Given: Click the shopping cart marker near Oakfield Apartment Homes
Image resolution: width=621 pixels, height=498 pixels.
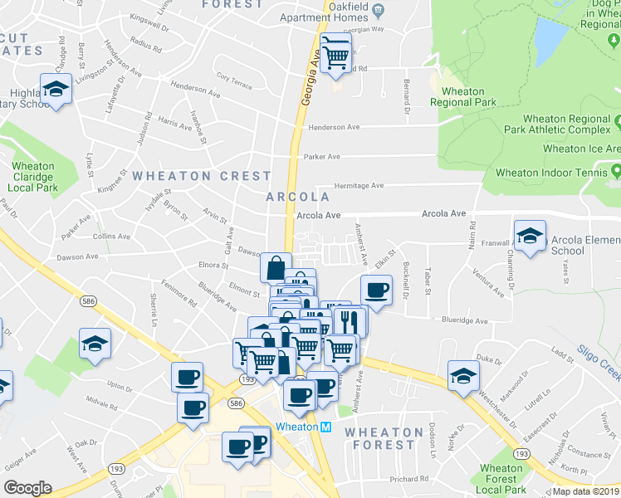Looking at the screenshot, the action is point(335,55).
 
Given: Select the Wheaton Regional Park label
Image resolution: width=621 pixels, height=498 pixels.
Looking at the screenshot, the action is point(463,97).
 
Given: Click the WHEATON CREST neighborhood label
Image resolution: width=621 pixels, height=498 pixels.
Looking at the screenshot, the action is point(202,176).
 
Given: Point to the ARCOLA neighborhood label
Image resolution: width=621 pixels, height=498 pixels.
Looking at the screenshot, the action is point(298,197).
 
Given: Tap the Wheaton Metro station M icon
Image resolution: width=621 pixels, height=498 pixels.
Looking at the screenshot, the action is point(325,427).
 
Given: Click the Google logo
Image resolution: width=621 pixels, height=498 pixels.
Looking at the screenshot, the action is point(27,488).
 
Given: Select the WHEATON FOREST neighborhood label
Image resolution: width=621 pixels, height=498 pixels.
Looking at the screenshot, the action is point(384,438).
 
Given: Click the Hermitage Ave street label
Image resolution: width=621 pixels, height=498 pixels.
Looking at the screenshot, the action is point(359,186).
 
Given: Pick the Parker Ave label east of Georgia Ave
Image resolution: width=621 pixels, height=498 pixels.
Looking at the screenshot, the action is point(322,156).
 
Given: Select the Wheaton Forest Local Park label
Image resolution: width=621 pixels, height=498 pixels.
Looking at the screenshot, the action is point(502,479).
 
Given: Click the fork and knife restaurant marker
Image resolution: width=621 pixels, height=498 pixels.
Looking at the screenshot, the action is point(349,321).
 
